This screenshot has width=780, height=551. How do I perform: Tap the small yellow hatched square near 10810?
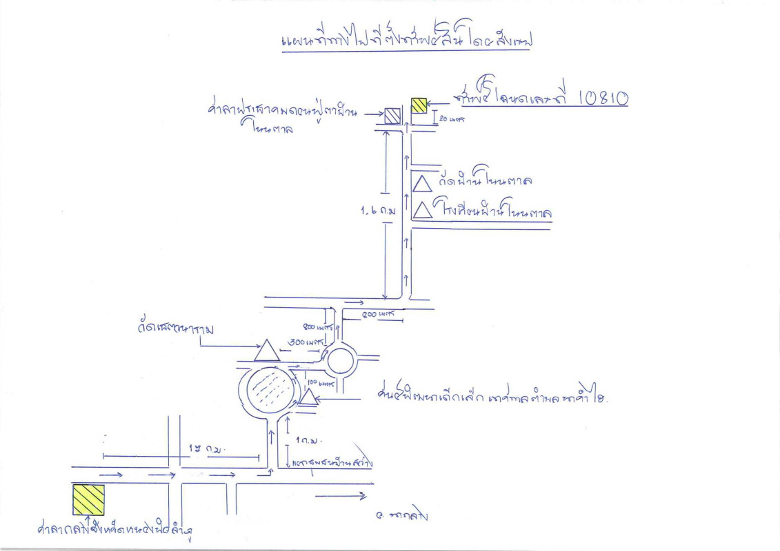point(419,105)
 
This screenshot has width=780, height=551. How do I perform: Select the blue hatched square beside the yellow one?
point(392,115)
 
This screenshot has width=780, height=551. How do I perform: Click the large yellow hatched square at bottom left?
point(89,499)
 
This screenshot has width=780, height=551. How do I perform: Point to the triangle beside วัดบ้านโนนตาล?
point(422,184)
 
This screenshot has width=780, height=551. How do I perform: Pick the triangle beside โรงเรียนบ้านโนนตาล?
point(423,210)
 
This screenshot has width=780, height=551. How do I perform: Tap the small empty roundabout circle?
point(340,360)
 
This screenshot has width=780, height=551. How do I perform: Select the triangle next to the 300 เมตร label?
point(266,351)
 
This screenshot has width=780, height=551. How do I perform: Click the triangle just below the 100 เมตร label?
point(308,397)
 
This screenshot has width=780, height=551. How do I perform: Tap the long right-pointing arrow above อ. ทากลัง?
point(341,496)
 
